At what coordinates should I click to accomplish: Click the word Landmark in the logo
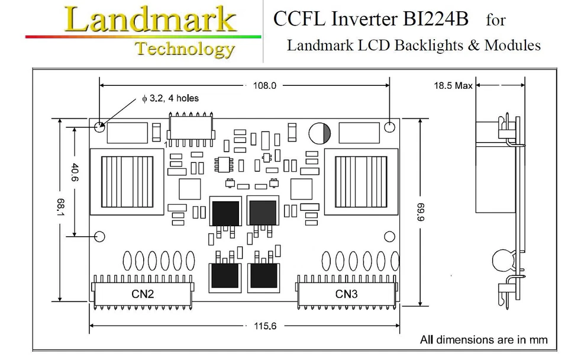pyautogui.click(x=151, y=19)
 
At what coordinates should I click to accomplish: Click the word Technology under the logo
pyautogui.click(x=185, y=49)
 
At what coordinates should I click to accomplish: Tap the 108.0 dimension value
pyautogui.click(x=264, y=86)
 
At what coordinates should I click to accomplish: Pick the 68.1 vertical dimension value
pyautogui.click(x=60, y=208)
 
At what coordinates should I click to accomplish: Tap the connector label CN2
pyautogui.click(x=143, y=294)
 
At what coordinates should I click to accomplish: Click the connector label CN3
pyautogui.click(x=348, y=294)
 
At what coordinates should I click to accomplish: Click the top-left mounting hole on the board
pyautogui.click(x=101, y=126)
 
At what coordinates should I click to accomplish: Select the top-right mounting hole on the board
pyautogui.click(x=390, y=126)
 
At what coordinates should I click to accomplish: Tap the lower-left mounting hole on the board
pyautogui.click(x=99, y=236)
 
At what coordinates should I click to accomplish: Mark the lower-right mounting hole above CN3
pyautogui.click(x=390, y=237)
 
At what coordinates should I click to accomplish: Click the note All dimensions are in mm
pyautogui.click(x=483, y=340)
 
